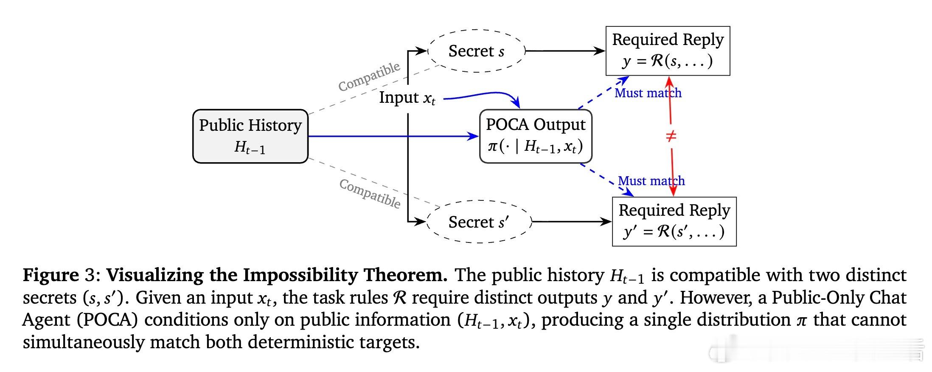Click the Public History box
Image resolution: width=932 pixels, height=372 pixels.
click(250, 136)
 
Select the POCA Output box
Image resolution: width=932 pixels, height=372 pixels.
click(536, 136)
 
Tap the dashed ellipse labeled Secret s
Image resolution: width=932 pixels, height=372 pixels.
click(476, 51)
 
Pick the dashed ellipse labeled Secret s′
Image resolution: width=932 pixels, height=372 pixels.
click(479, 222)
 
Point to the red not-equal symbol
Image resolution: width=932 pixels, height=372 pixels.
click(671, 136)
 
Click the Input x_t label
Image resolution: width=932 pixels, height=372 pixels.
click(407, 98)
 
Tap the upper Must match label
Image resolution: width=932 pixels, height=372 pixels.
click(648, 93)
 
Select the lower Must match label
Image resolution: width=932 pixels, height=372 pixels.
click(651, 181)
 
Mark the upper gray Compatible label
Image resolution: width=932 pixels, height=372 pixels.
click(369, 76)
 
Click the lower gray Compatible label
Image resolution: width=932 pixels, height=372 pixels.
click(370, 193)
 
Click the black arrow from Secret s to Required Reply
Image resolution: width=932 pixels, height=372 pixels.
click(564, 51)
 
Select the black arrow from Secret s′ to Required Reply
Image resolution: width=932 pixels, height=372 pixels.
click(571, 222)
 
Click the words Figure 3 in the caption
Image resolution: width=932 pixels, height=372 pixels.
click(61, 275)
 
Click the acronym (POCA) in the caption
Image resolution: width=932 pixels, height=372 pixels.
click(108, 320)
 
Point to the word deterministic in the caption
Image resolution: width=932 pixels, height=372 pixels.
click(302, 342)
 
